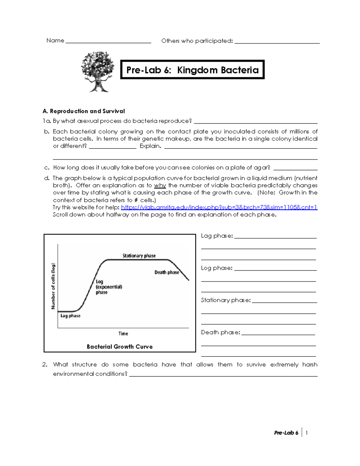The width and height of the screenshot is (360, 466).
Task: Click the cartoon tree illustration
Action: click(x=97, y=72)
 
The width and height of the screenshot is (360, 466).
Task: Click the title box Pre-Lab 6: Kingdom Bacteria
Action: click(x=192, y=70)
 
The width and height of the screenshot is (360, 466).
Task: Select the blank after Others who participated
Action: click(x=277, y=42)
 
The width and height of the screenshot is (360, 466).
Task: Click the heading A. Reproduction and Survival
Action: click(x=84, y=111)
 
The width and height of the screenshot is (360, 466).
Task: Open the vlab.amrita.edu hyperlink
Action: click(x=219, y=207)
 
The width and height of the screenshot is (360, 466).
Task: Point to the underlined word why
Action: click(x=160, y=185)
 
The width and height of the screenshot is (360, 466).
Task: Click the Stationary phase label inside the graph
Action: click(x=139, y=256)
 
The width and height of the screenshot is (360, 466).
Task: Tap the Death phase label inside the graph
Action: click(x=166, y=272)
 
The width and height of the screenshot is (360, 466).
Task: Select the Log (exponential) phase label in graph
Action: click(x=109, y=287)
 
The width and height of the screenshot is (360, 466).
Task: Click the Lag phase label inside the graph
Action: click(x=70, y=316)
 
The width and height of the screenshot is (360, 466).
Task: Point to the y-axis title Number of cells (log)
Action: click(x=53, y=286)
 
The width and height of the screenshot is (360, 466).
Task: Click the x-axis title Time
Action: click(x=123, y=334)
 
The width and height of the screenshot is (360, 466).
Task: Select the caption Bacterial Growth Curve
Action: click(x=120, y=347)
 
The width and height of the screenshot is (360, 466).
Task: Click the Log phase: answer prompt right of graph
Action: click(x=217, y=268)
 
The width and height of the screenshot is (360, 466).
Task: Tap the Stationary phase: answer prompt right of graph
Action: click(x=226, y=300)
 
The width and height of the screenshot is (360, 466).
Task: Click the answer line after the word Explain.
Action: click(x=241, y=147)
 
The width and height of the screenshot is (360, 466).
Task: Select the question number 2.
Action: click(x=45, y=365)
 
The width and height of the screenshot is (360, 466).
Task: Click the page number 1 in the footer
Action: click(x=306, y=433)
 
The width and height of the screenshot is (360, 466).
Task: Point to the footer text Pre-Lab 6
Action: click(x=286, y=433)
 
